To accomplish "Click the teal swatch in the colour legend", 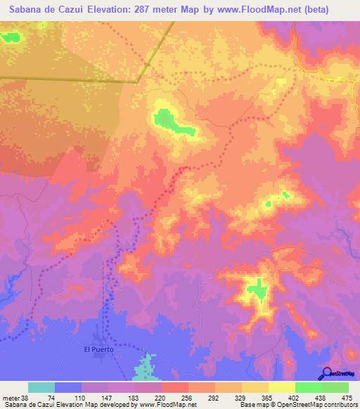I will point(41,387).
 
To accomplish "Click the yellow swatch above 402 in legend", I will point(282,387).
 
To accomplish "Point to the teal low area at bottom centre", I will point(146,368).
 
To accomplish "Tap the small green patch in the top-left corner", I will point(9,37).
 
